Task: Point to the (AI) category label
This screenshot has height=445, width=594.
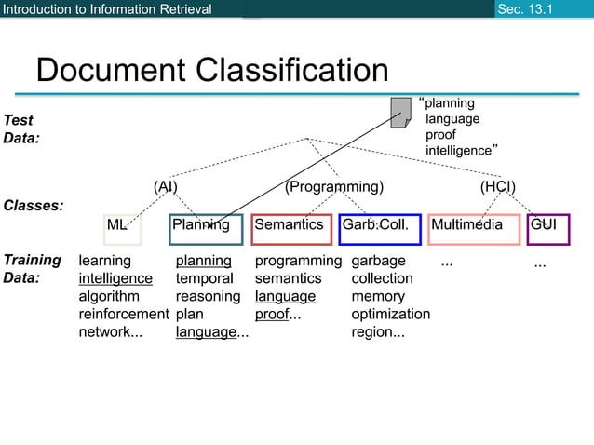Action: point(166,186)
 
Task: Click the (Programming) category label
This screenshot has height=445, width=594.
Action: point(334,186)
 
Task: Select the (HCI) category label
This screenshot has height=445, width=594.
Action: point(497,186)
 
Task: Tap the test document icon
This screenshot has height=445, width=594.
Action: point(401,112)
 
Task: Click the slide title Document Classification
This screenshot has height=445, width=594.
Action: point(211,70)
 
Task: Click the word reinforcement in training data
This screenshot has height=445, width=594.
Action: point(123,314)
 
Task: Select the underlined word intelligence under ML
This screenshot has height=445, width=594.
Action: point(115,278)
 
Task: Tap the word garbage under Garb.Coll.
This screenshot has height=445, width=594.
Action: point(378,261)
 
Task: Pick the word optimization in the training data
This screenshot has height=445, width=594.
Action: point(390,314)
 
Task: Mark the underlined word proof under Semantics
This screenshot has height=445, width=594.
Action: point(272,314)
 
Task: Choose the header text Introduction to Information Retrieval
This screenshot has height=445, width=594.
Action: point(107,9)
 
